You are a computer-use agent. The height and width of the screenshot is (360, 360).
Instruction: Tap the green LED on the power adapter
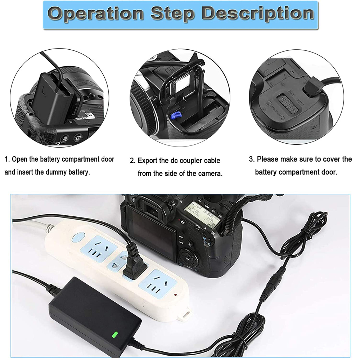point(115,334)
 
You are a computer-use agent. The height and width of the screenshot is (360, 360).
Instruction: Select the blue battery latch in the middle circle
point(175,115)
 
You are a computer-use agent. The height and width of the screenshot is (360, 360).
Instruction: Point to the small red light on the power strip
point(175,294)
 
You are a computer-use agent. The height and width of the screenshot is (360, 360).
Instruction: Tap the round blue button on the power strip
point(78,237)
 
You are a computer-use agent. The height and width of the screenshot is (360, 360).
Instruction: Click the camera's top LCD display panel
point(202,214)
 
